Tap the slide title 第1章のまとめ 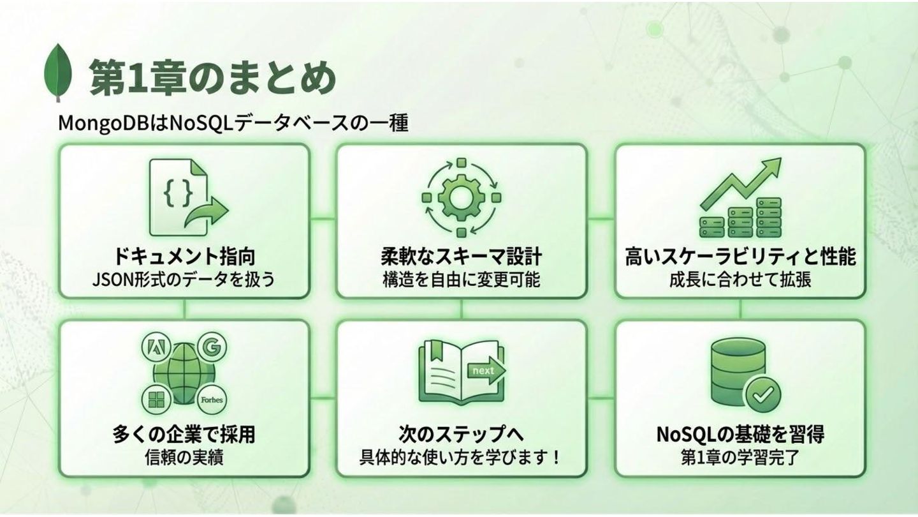coord(212,78)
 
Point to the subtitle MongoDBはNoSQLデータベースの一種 coord(233,123)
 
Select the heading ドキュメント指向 coord(184,257)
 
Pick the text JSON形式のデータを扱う coord(184,280)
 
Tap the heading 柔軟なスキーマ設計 coord(461,257)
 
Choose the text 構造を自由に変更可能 coord(461,280)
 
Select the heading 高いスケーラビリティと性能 coord(740,257)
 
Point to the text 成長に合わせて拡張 coord(740,280)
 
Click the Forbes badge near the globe coord(212,400)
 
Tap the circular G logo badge coord(211,348)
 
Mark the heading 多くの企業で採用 coord(184,434)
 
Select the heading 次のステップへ coord(461,434)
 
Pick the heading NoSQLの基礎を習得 coord(740,434)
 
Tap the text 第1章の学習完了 coord(740,457)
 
